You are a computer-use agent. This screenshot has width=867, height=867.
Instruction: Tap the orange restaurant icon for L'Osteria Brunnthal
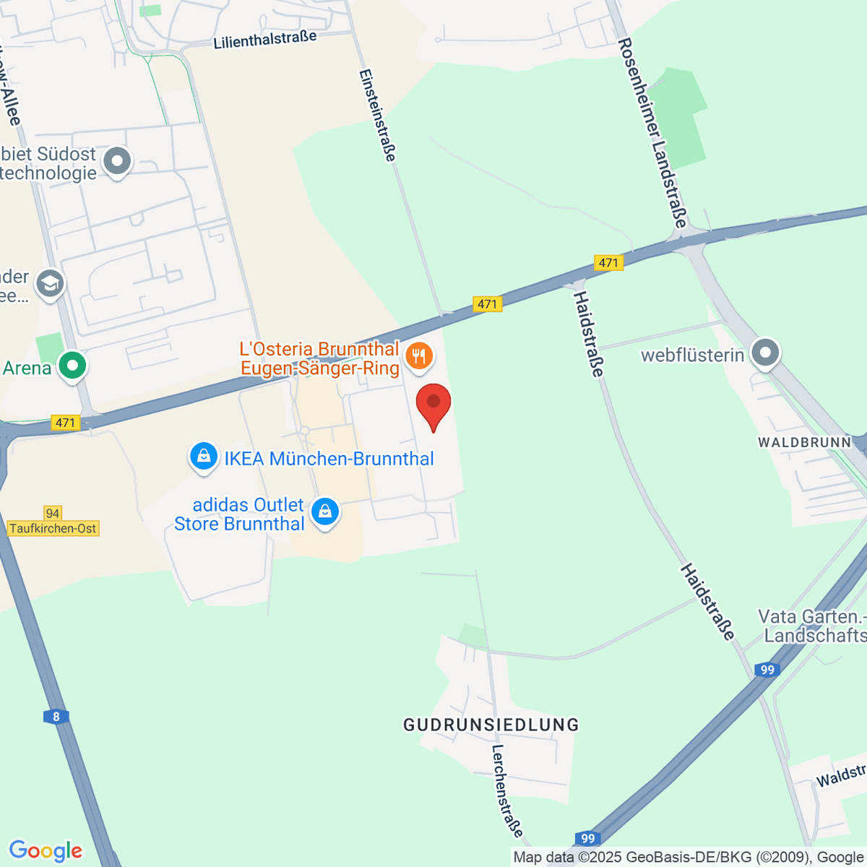pyautogui.click(x=419, y=355)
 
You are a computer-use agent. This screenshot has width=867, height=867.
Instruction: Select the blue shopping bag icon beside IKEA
pyautogui.click(x=204, y=457)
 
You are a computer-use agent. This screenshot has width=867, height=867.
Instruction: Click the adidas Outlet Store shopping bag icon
pyautogui.click(x=325, y=512)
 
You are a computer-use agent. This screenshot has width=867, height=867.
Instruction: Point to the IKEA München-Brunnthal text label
pyautogui.click(x=329, y=459)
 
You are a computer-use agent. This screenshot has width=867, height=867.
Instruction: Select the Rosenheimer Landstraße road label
pyautogui.click(x=652, y=134)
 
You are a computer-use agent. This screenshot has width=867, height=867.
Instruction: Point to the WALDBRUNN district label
pyautogui.click(x=805, y=442)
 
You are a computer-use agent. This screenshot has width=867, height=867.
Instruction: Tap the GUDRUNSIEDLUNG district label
pyautogui.click(x=491, y=725)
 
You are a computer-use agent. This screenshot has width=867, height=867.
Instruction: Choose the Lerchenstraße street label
pyautogui.click(x=507, y=790)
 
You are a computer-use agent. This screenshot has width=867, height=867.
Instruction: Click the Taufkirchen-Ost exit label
pyautogui.click(x=53, y=528)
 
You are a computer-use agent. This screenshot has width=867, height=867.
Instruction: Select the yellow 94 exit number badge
pyautogui.click(x=52, y=513)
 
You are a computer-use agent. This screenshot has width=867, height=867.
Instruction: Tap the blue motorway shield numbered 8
pyautogui.click(x=56, y=717)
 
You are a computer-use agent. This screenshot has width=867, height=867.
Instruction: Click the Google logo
pyautogui.click(x=46, y=851)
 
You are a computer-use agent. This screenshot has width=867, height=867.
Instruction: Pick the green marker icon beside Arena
pyautogui.click(x=72, y=366)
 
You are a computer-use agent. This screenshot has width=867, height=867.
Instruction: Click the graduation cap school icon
pyautogui.click(x=51, y=284)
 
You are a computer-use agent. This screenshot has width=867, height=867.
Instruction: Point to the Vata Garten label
pyautogui.click(x=811, y=626)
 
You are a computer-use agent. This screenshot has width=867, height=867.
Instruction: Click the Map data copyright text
pyautogui.click(x=689, y=858)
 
